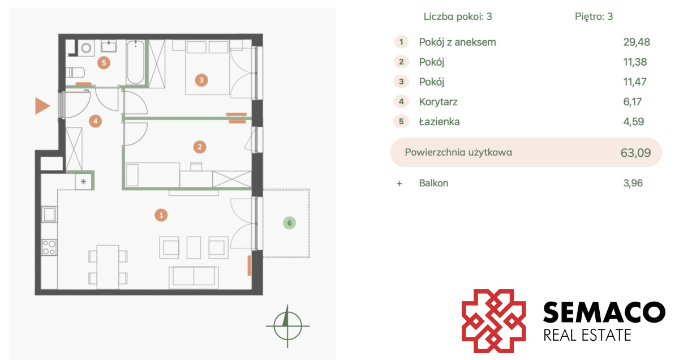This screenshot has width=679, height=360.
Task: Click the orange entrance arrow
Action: tap(42, 106)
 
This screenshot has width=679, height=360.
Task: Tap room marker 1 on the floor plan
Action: tap(161, 215)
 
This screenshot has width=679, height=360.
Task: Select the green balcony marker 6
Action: tap(289, 223)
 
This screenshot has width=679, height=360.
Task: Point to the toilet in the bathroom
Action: tap(75, 73)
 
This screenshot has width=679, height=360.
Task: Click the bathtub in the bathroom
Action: tap(135, 62)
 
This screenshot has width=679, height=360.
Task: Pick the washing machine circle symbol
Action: tap(87, 48)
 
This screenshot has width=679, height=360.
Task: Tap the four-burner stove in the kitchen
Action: tap(49, 247)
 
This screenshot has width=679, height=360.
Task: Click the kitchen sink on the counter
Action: tap(49, 214)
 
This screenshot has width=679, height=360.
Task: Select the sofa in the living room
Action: tap(194, 277)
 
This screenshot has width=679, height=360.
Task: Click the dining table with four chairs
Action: tap(108, 267)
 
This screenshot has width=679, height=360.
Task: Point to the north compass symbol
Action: tap(287, 326)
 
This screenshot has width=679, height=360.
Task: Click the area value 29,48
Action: tap(637, 42)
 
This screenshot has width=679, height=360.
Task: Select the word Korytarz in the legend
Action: tap(438, 101)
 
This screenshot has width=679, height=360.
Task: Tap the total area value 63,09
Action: tap(635, 153)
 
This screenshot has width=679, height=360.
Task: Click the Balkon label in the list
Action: tap(433, 183)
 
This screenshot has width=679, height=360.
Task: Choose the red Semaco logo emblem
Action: tap(493, 321)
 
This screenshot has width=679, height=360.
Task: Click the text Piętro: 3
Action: tap(594, 16)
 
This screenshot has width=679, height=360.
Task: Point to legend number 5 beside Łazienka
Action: tap(401, 121)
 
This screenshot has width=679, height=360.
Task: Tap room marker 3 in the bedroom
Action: tap(201, 80)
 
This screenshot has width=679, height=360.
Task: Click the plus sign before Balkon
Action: tap(399, 183)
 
